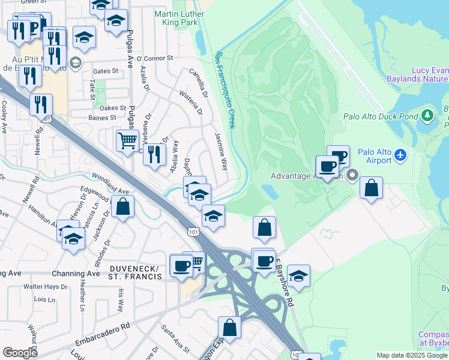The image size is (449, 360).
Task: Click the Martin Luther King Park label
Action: pyautogui.click(x=175, y=17)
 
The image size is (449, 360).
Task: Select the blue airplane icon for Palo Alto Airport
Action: pyautogui.click(x=401, y=157)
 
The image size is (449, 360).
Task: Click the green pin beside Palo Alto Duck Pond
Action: pyautogui.click(x=427, y=115)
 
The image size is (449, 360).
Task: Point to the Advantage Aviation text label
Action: pyautogui.click(x=306, y=176)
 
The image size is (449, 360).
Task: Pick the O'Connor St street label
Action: pyautogui.click(x=154, y=58)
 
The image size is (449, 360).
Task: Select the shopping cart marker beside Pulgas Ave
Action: pyautogui.click(x=127, y=142)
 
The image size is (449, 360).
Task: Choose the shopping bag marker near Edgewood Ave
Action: pyautogui.click(x=122, y=207)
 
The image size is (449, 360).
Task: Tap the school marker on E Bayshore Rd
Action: pyautogui.click(x=298, y=276)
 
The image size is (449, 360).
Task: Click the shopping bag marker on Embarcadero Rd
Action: pyautogui.click(x=229, y=328)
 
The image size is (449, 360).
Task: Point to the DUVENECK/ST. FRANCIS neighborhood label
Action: pyautogui.click(x=135, y=272)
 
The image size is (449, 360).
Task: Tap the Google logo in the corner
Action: pyautogui.click(x=20, y=352)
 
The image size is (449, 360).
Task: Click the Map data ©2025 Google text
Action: pyautogui.click(x=412, y=355)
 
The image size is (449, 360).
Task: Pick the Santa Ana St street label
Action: pyautogui.click(x=175, y=338)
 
